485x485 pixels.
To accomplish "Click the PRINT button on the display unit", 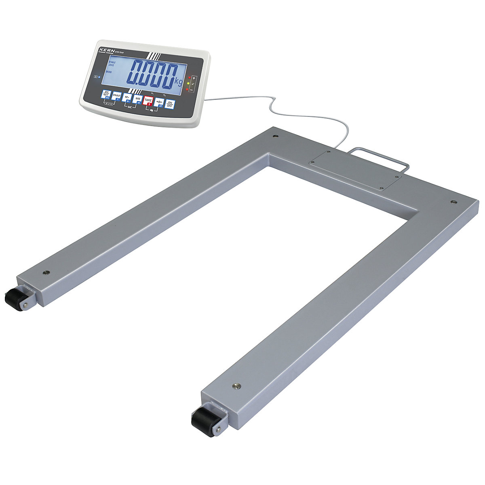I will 117,96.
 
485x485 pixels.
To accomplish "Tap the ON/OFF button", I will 171,104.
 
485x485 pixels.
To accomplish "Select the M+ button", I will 127,98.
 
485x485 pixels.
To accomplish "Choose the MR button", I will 138,99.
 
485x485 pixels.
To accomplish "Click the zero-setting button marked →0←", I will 160,102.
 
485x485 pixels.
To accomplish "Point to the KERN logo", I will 106,50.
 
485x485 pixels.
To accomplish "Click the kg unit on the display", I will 179,80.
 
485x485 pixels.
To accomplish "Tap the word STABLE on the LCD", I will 110,63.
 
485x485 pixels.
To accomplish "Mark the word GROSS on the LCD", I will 109,72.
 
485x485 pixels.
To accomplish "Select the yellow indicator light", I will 188,83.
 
